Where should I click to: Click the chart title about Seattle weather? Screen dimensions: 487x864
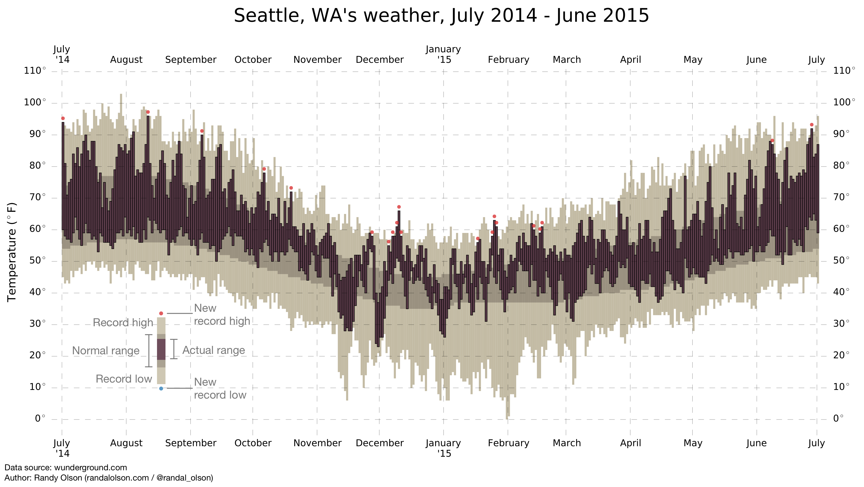441,16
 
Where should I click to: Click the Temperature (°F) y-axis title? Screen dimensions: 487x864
12,252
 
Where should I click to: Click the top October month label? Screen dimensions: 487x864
253,60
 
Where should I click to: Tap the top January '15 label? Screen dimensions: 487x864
443,54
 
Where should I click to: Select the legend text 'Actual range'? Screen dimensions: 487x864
214,350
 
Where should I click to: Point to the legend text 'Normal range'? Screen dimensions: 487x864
106,351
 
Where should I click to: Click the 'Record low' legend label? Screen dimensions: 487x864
124,379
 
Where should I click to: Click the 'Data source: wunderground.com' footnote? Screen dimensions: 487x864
66,468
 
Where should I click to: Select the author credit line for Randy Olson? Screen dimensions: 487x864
109,478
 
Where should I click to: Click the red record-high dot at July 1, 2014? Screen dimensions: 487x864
63,118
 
